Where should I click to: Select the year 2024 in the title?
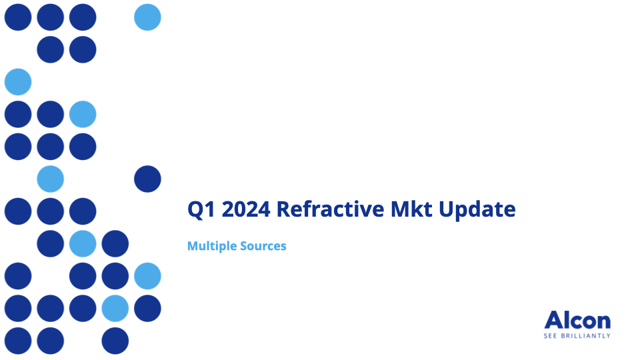[246, 209]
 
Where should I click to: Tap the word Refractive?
[330, 209]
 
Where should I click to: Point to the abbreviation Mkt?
[411, 209]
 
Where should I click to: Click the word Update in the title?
[477, 209]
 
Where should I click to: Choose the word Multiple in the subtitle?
[212, 246]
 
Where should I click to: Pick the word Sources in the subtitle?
[263, 246]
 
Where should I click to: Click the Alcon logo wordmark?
[577, 320]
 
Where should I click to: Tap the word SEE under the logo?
[550, 336]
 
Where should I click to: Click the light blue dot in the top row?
[147, 17]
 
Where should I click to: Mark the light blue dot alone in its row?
[18, 81]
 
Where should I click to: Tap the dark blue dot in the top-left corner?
[18, 17]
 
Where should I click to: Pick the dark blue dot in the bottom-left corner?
[18, 341]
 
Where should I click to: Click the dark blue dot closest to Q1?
[147, 179]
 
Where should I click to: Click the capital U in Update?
[447, 209]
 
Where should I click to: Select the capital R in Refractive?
[285, 209]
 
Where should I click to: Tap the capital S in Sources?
[244, 246]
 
